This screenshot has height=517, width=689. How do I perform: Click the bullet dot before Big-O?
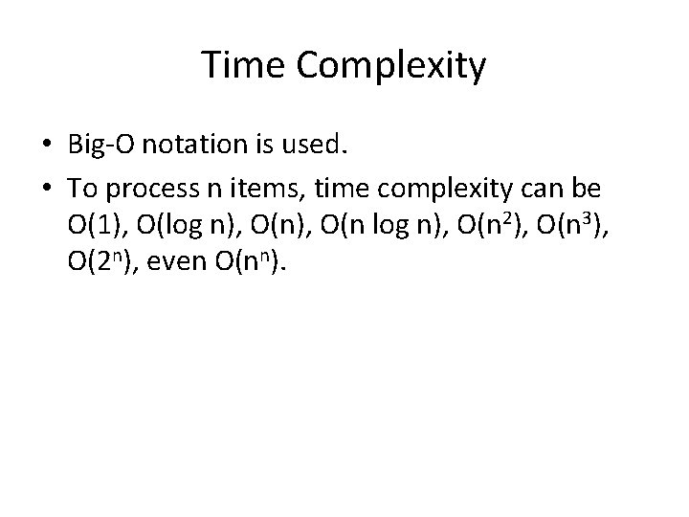48,145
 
